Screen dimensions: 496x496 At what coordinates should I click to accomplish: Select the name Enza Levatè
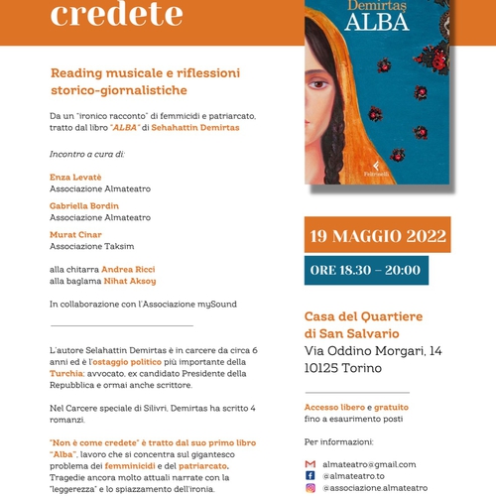[75, 176]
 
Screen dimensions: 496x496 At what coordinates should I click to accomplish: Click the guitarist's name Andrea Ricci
[128, 269]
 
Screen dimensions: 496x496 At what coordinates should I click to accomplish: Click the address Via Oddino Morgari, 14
[373, 352]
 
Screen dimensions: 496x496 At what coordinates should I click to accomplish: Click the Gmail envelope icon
[310, 463]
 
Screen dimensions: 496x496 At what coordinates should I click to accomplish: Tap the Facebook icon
[310, 475]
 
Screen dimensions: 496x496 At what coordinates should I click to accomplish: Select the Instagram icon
[310, 487]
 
